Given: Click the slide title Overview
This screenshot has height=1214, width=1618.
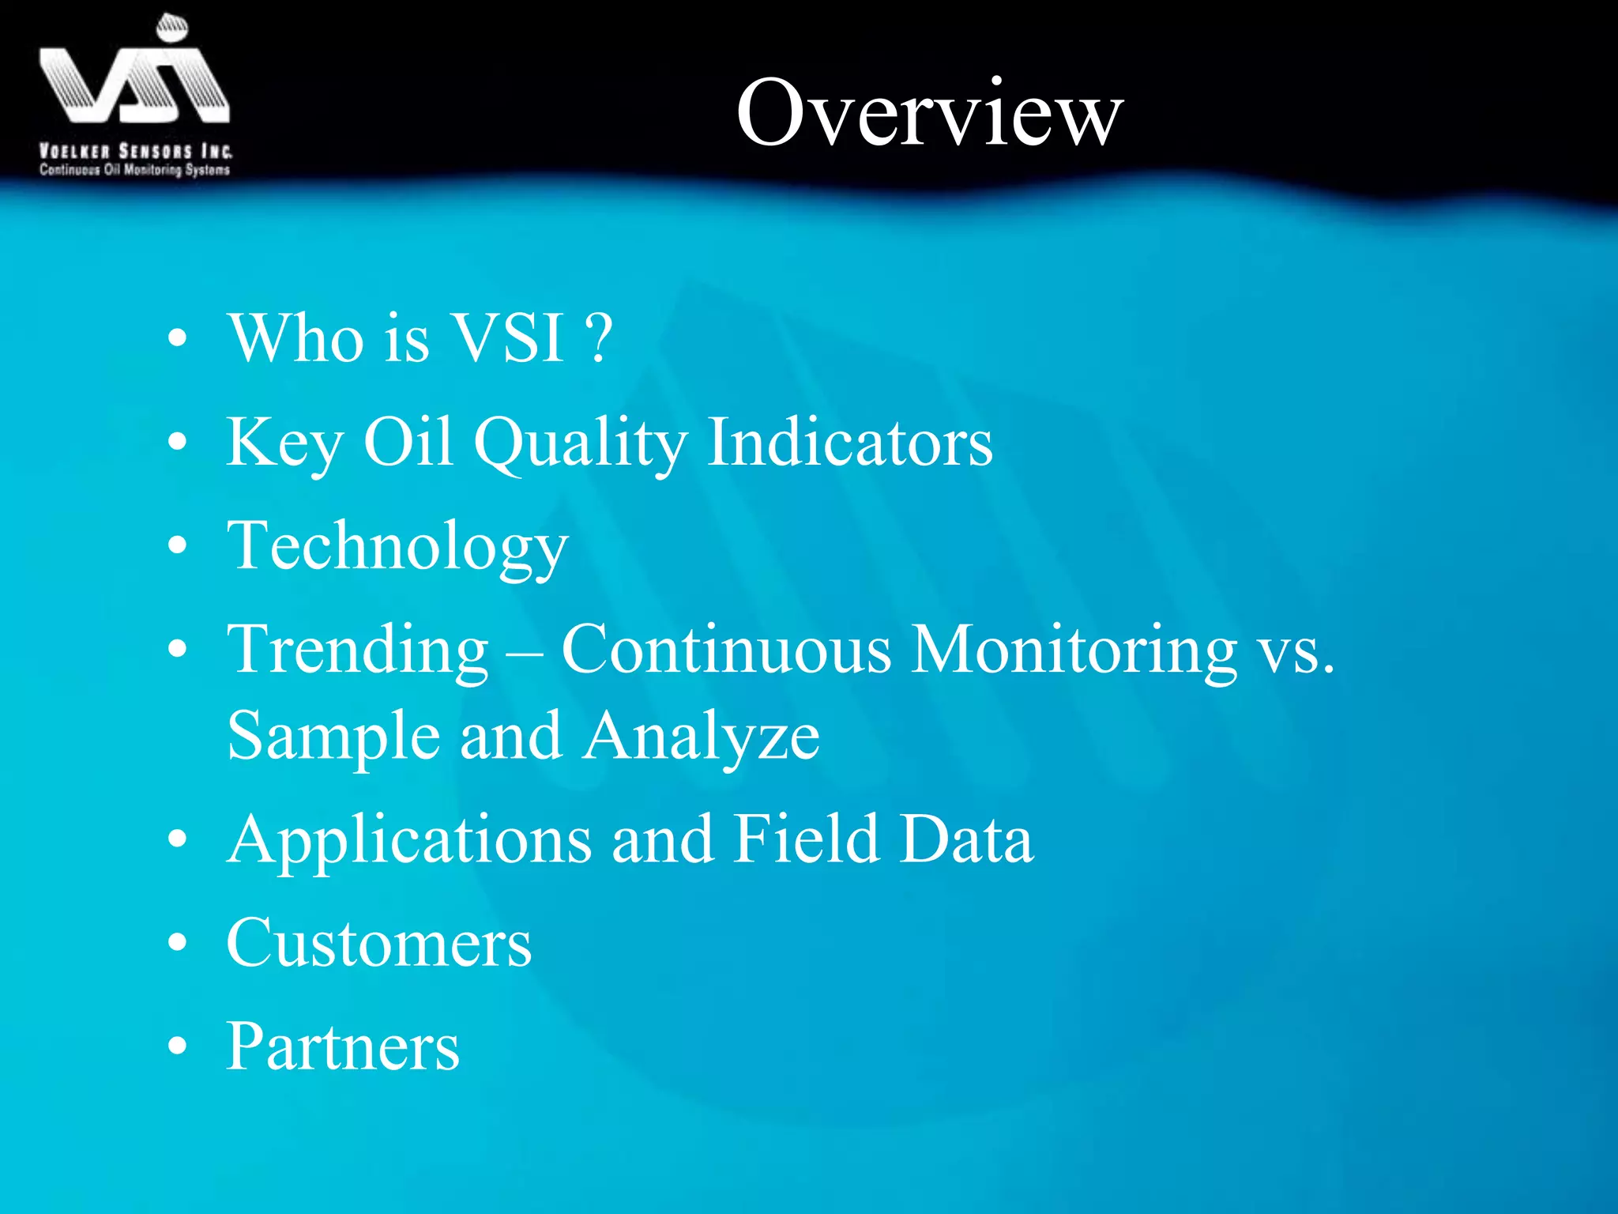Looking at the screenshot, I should click(929, 112).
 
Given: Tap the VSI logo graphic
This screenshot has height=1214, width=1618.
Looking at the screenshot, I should click(134, 75).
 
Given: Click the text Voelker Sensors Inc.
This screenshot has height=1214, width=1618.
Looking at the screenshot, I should click(135, 151).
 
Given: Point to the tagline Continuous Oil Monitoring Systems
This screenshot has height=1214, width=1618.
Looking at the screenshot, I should click(134, 169).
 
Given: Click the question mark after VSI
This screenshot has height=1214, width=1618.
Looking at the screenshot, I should click(600, 337).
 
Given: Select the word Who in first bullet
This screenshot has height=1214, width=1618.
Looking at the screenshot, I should click(296, 337).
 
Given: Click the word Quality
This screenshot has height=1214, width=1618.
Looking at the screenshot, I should click(581, 443).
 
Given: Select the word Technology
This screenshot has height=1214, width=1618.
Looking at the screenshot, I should click(397, 547).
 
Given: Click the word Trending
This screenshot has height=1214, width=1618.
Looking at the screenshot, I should click(358, 650).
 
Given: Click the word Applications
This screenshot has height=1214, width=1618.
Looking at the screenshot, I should click(409, 841).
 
